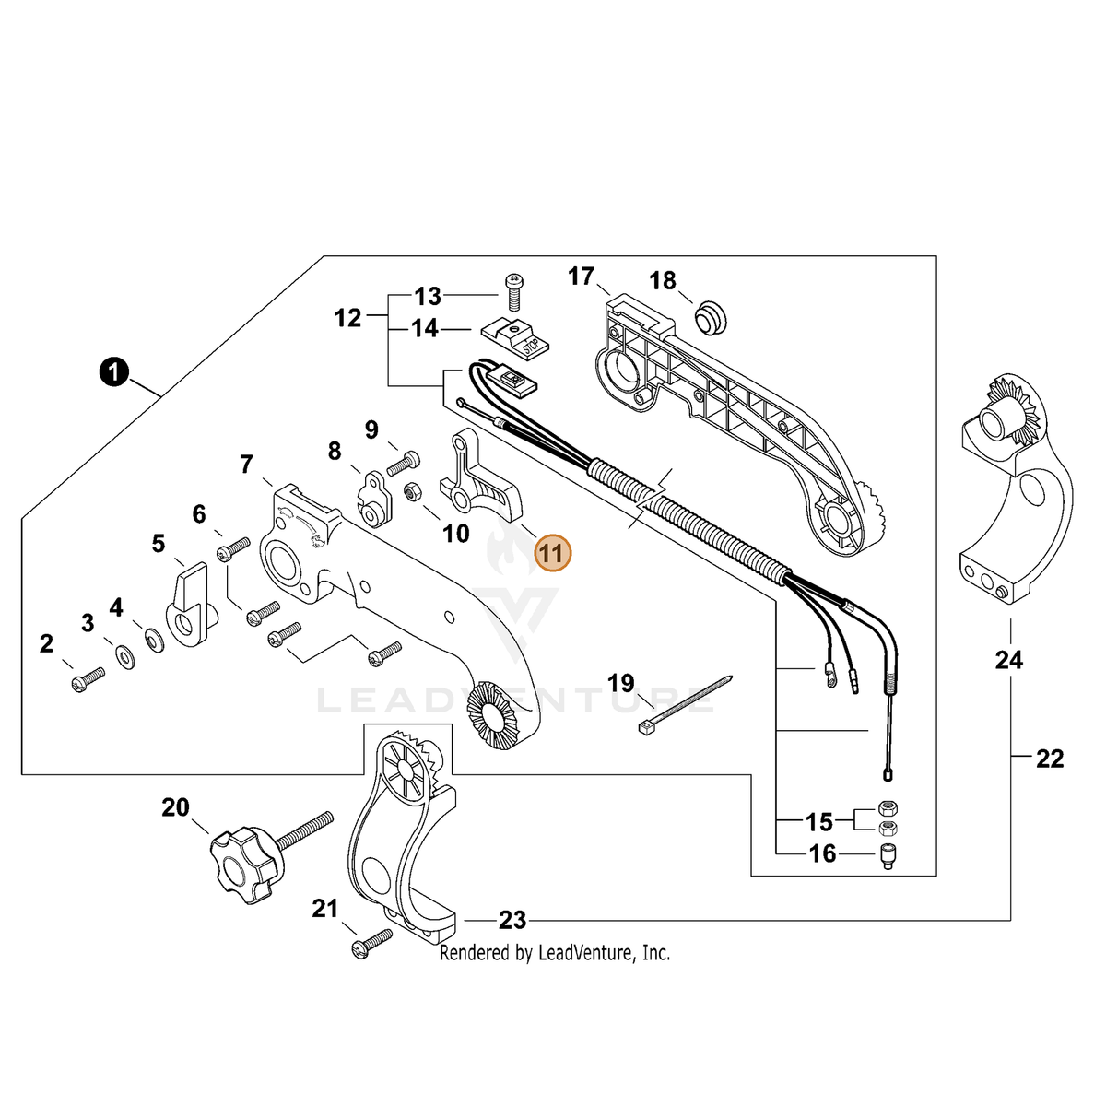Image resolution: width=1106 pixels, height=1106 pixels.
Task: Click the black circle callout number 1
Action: pyautogui.click(x=114, y=371)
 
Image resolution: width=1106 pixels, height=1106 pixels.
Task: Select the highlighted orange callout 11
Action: pyautogui.click(x=552, y=553)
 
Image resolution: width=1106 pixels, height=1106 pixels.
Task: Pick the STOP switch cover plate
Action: pyautogui.click(x=515, y=337)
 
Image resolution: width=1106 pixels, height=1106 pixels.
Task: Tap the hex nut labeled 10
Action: pyautogui.click(x=412, y=492)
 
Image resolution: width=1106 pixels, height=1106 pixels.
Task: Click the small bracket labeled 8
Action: pyautogui.click(x=375, y=498)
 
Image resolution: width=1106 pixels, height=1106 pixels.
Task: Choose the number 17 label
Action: pyautogui.click(x=581, y=276)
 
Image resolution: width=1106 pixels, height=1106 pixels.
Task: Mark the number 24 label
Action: pyautogui.click(x=1008, y=661)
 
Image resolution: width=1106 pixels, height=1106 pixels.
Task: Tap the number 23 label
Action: pyautogui.click(x=512, y=921)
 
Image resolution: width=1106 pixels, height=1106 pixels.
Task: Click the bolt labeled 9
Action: pyautogui.click(x=403, y=464)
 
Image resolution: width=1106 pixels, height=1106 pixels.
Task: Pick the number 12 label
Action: pyautogui.click(x=347, y=317)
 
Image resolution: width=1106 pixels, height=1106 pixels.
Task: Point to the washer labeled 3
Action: pyautogui.click(x=124, y=657)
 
